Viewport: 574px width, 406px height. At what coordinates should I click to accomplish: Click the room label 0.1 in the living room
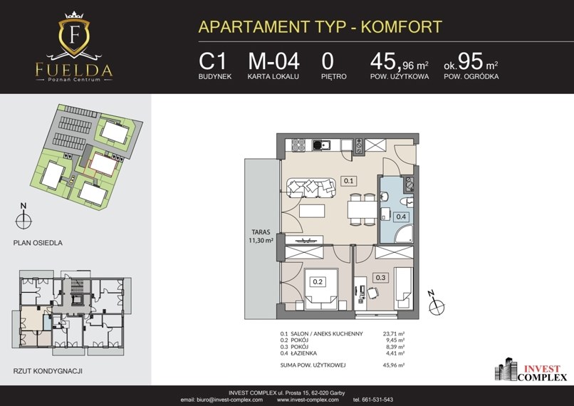348,180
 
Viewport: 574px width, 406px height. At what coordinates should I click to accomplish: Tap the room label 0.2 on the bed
318,281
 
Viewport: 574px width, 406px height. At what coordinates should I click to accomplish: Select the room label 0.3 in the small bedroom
380,278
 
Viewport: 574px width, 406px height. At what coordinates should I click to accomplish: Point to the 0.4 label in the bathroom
401,217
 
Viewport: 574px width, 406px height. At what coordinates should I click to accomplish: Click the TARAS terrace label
261,231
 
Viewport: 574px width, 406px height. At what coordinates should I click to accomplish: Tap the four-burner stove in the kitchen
298,145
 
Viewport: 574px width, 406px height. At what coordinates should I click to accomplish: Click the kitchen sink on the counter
321,145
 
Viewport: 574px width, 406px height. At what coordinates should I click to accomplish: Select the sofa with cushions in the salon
311,187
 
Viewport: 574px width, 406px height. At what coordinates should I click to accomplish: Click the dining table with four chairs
362,209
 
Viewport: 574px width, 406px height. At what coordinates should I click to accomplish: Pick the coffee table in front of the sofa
312,211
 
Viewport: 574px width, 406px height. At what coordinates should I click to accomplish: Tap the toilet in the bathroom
407,202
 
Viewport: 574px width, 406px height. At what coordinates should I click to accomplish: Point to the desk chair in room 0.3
372,293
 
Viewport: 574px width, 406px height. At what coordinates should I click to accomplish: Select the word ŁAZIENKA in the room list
303,353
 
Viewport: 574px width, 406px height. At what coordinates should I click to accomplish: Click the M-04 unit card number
273,61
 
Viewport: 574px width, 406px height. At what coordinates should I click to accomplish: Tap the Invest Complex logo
531,370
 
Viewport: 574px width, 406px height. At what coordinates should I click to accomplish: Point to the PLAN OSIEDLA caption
38,243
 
